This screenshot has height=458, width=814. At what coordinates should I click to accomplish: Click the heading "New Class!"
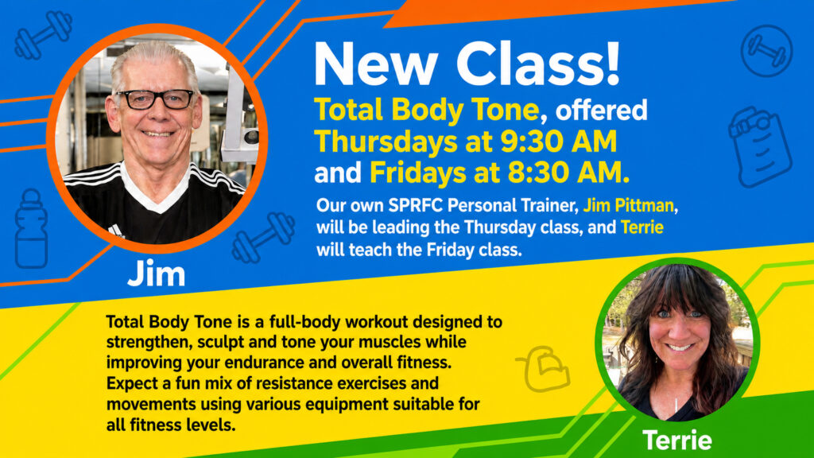(x=467, y=64)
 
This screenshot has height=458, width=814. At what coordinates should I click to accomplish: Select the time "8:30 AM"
(x=568, y=173)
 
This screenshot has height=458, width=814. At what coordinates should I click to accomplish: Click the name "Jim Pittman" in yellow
(x=628, y=206)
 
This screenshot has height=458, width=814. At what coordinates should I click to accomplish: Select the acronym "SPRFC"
(x=415, y=206)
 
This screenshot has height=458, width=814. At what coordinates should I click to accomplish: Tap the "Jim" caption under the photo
(x=157, y=274)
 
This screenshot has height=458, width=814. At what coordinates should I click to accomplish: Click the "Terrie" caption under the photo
(x=677, y=441)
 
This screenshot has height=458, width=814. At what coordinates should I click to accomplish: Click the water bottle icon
(x=31, y=228)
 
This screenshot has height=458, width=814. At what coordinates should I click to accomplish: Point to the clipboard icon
(x=761, y=146)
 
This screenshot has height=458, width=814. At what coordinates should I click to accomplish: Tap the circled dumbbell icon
(x=767, y=51)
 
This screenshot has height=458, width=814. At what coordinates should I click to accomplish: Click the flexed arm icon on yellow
(x=544, y=369)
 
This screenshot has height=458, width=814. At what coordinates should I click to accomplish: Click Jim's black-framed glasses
(x=156, y=99)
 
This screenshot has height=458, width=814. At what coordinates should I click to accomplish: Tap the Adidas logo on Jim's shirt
(x=116, y=231)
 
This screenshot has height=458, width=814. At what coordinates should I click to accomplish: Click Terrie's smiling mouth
(x=680, y=347)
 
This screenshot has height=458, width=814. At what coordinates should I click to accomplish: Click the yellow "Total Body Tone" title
(x=426, y=111)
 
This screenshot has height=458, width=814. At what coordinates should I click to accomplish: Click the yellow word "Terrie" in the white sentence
(x=642, y=227)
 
